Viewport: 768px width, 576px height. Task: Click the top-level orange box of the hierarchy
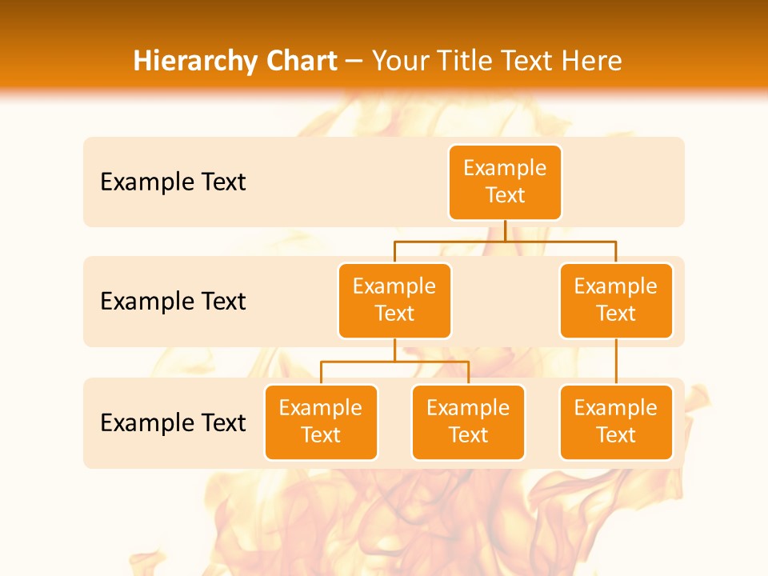pyautogui.click(x=505, y=182)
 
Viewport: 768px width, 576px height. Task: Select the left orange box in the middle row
pyautogui.click(x=394, y=300)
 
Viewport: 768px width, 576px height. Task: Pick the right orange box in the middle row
pyautogui.click(x=616, y=300)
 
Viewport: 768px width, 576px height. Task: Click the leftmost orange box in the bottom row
pyautogui.click(x=321, y=422)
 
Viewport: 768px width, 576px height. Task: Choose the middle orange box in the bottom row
pyautogui.click(x=468, y=422)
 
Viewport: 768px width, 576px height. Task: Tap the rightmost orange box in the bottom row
pyautogui.click(x=616, y=422)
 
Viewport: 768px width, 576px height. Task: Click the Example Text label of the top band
pyautogui.click(x=173, y=182)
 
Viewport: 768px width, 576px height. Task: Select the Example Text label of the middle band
pyautogui.click(x=173, y=301)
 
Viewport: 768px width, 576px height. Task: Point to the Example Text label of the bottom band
pyautogui.click(x=173, y=422)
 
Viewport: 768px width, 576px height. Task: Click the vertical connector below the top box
pyautogui.click(x=505, y=230)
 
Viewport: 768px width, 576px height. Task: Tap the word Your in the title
pyautogui.click(x=399, y=62)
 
